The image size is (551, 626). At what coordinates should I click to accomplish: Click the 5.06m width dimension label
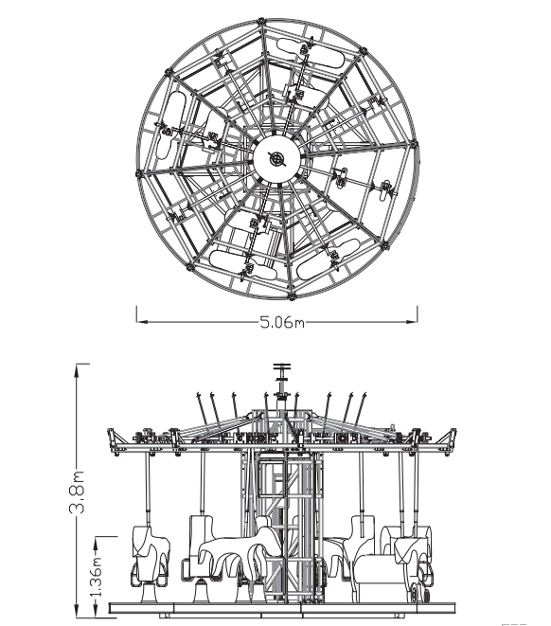coord(282,322)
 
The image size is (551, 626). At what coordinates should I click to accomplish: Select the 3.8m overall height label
coord(78,492)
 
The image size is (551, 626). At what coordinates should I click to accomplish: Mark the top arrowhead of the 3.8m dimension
coord(77,369)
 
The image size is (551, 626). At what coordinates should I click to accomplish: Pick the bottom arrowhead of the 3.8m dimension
coord(77,611)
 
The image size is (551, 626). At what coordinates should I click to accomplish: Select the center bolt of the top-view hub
coord(276,158)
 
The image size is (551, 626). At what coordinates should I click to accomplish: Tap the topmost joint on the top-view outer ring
coord(261,21)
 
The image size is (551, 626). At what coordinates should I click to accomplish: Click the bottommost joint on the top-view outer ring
coord(292,296)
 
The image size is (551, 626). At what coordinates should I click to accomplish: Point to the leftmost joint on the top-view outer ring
coord(139,173)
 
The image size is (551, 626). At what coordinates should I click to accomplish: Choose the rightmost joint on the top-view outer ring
coord(414,144)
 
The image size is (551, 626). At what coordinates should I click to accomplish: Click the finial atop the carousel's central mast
coord(282,367)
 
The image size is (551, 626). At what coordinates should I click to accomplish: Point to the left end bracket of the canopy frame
coord(115,440)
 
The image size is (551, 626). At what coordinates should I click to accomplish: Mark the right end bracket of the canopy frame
coord(449,440)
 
